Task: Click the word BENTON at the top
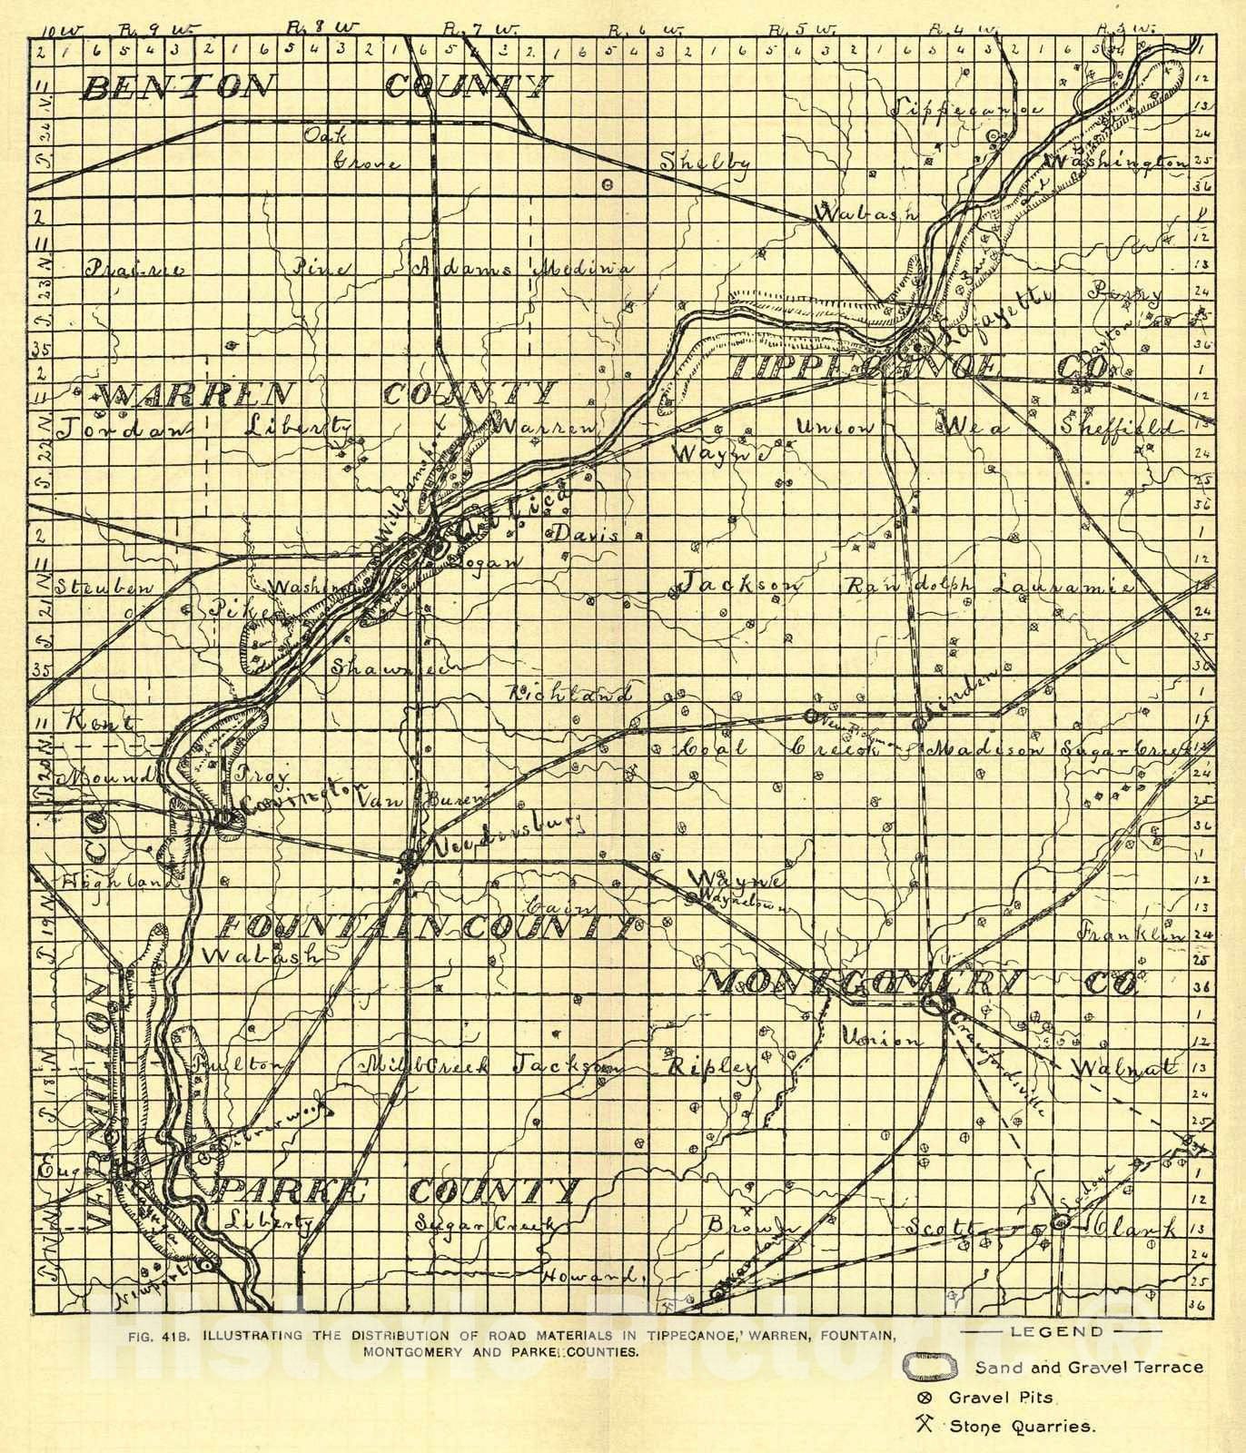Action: tap(177, 87)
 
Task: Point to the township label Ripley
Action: tap(712, 1066)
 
